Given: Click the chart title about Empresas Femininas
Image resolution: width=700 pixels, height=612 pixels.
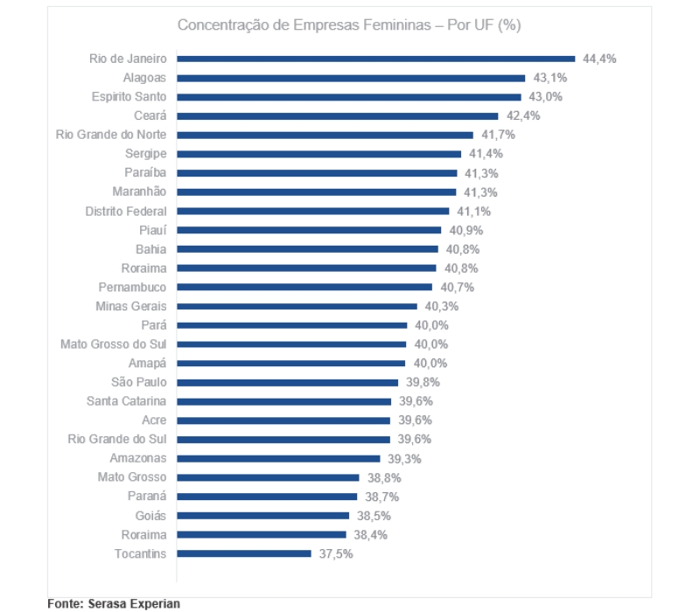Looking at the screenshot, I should point(349,24).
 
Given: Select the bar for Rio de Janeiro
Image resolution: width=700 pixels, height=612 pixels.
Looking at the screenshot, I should point(376,59).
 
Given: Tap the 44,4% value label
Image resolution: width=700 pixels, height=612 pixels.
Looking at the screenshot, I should point(600,59).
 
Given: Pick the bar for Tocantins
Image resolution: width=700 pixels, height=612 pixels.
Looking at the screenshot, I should point(244,553).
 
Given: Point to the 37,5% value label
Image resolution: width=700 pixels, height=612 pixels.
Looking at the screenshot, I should point(336,553).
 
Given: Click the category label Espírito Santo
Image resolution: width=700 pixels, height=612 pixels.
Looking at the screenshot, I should point(129,97).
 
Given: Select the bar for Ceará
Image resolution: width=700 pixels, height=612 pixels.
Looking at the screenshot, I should point(338,115).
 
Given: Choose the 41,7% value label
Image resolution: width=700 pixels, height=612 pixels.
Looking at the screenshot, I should point(498,135).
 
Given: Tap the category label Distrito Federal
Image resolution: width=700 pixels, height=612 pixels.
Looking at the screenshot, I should point(126,211).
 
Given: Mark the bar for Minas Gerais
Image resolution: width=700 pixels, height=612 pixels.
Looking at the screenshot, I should point(297,306).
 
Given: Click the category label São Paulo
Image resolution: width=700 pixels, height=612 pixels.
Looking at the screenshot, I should point(139,382).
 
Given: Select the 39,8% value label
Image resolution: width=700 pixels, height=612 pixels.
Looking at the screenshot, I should point(423,382).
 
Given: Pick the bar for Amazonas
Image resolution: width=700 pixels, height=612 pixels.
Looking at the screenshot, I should point(279,458).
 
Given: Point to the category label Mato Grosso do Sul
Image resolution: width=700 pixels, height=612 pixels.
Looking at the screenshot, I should point(114,344).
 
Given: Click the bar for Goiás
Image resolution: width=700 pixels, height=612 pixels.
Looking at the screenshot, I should point(263,516).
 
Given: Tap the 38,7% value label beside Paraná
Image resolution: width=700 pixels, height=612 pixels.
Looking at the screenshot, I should point(382,497).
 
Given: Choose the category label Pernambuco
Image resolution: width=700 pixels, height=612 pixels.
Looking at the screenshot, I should point(132,287).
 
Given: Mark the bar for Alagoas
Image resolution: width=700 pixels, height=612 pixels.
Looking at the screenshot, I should point(351,78).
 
